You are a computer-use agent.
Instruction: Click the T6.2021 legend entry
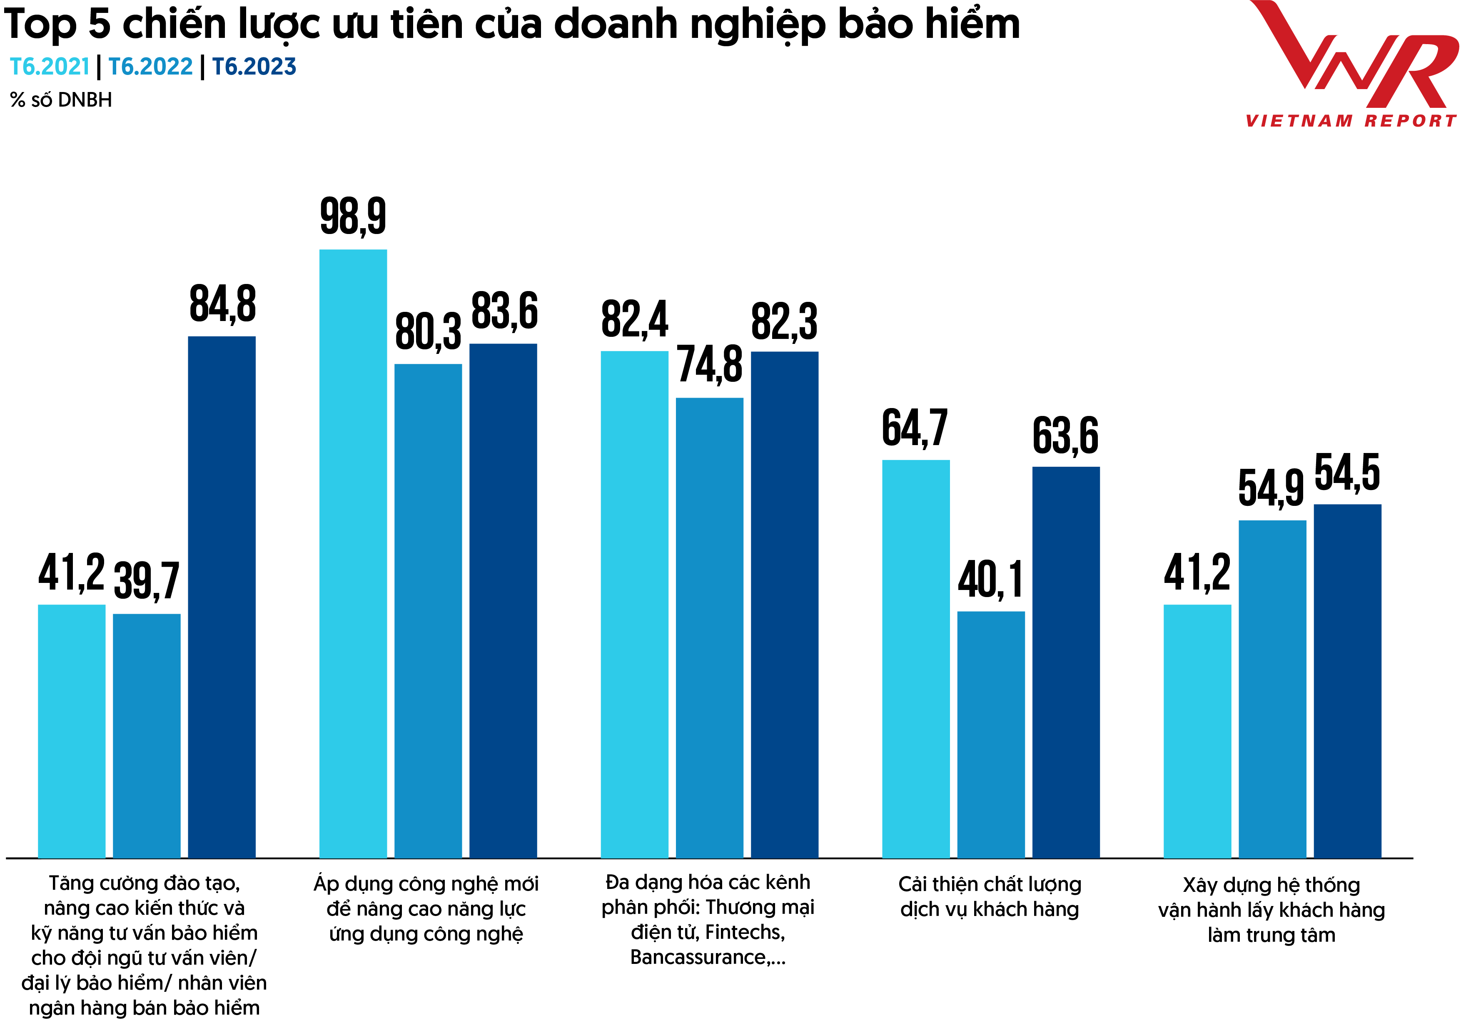(x=50, y=66)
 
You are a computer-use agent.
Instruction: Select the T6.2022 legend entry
(x=150, y=66)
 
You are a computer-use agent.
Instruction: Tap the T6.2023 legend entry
(x=254, y=66)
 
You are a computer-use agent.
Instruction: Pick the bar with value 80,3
(x=428, y=611)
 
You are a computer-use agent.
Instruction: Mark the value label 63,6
(x=1065, y=436)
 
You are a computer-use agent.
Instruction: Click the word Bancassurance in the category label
(x=698, y=957)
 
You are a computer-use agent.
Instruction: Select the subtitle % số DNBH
(x=61, y=100)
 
